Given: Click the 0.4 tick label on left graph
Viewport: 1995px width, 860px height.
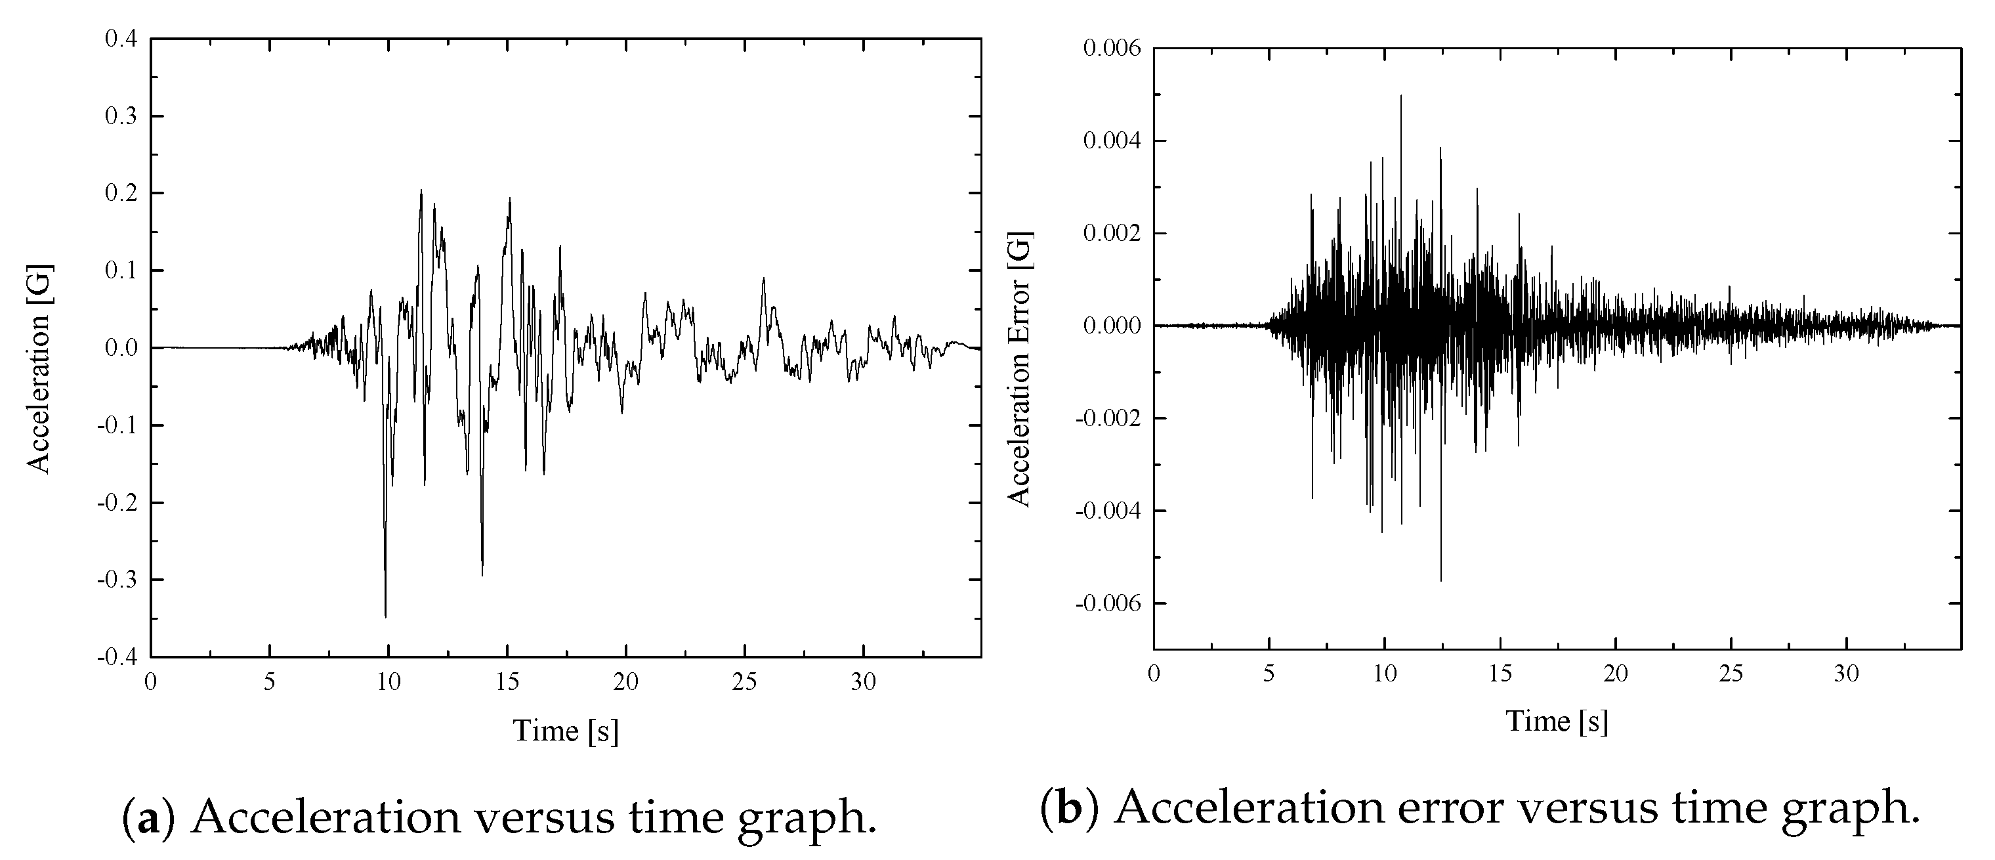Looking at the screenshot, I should pyautogui.click(x=121, y=38).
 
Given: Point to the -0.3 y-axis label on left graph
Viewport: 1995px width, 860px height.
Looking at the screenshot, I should pyautogui.click(x=117, y=580).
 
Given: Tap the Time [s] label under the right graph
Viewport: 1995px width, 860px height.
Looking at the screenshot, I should pyautogui.click(x=1557, y=721).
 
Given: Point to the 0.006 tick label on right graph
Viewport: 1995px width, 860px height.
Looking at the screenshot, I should pyautogui.click(x=1112, y=48).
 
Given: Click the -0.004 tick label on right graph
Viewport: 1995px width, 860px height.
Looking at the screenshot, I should pyautogui.click(x=1108, y=511).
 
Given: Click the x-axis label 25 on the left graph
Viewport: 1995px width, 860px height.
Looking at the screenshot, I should pyautogui.click(x=744, y=682).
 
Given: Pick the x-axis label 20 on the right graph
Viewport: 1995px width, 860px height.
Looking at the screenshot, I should pyautogui.click(x=1616, y=674).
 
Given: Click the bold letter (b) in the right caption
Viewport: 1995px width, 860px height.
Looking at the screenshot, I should pyautogui.click(x=1069, y=808).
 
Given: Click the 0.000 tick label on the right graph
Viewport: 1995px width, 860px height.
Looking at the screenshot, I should pyautogui.click(x=1112, y=326).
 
